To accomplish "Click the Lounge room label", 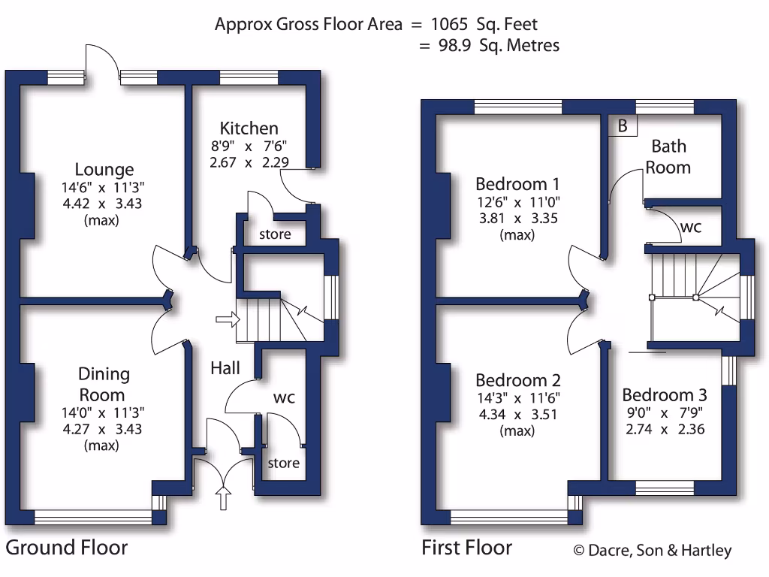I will [x=104, y=170].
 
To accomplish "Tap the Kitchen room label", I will [x=249, y=128].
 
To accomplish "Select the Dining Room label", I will [x=104, y=384].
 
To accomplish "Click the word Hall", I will [x=225, y=367].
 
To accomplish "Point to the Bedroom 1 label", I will [x=518, y=184].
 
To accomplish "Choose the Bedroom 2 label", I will [x=518, y=380].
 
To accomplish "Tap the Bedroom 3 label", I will [x=665, y=395].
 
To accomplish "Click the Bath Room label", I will [x=668, y=156].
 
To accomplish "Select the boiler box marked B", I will [x=622, y=126].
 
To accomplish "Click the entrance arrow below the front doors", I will [x=222, y=497].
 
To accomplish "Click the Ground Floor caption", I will [x=67, y=547].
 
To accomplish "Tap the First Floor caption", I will [x=466, y=547].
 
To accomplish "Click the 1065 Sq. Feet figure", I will [x=484, y=24].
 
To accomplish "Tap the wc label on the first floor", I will [x=691, y=226].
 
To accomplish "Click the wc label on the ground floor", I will [x=284, y=396].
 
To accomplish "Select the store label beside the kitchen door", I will [x=275, y=234].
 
